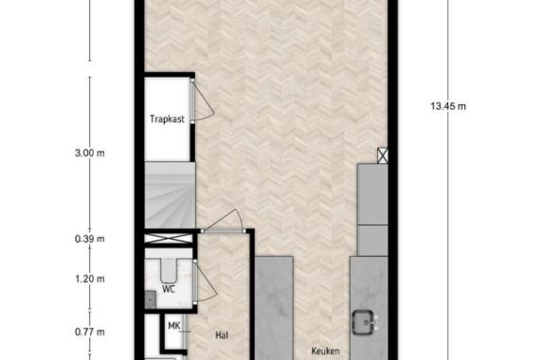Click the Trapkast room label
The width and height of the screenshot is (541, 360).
167,119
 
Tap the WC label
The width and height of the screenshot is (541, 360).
168,288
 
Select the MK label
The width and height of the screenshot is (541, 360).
173,326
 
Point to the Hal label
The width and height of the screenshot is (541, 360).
222,334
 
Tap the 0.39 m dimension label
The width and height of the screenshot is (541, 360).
88,240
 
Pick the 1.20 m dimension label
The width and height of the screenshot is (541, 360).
88,279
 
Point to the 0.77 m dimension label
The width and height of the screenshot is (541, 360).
88,332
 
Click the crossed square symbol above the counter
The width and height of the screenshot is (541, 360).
382,155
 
